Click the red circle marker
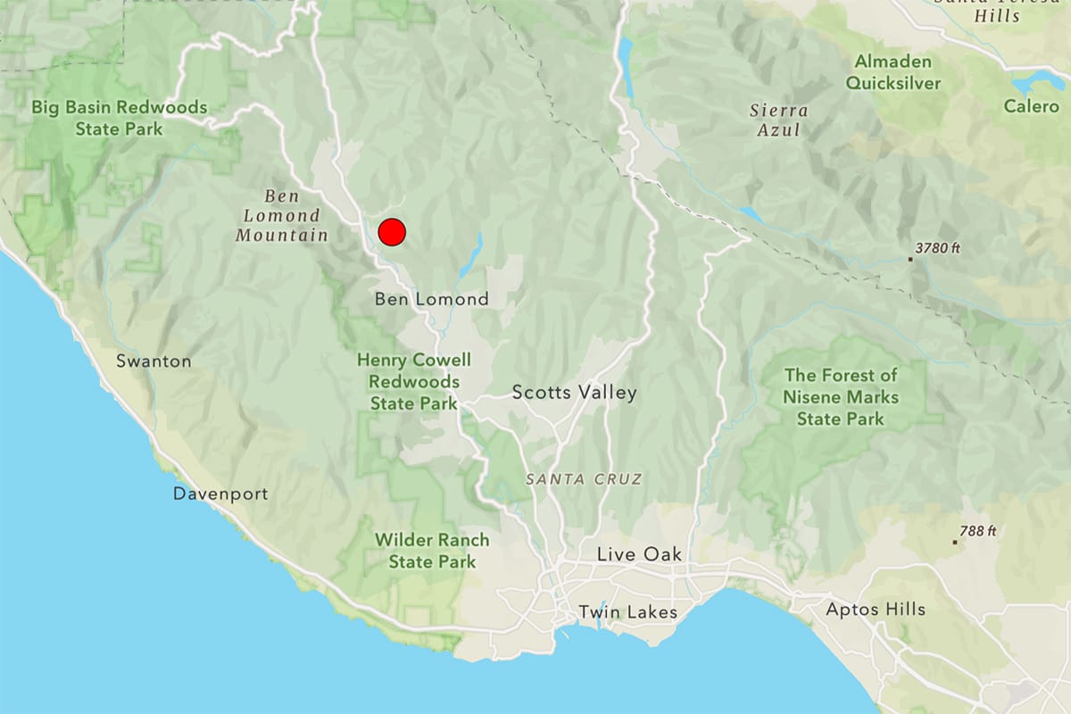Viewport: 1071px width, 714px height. tap(392, 232)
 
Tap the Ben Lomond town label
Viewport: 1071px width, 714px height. tap(431, 299)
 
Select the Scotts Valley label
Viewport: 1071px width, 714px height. tap(575, 393)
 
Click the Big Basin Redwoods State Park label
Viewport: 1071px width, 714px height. tap(119, 118)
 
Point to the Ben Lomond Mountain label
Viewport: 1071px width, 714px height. tap(282, 216)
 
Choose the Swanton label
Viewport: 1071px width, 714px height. tap(154, 361)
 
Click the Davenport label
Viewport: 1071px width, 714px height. tap(220, 494)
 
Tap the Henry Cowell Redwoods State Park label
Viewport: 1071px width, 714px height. tap(414, 382)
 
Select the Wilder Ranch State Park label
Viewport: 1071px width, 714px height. tap(432, 551)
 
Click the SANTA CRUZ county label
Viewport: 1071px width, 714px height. tap(584, 479)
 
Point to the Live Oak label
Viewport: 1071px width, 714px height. tap(639, 554)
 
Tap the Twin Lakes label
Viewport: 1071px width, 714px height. tap(627, 612)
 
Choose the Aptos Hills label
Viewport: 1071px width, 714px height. tap(876, 610)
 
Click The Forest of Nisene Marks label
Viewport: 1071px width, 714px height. tap(841, 397)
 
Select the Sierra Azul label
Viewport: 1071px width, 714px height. tap(779, 120)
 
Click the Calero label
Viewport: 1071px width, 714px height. tap(1031, 106)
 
